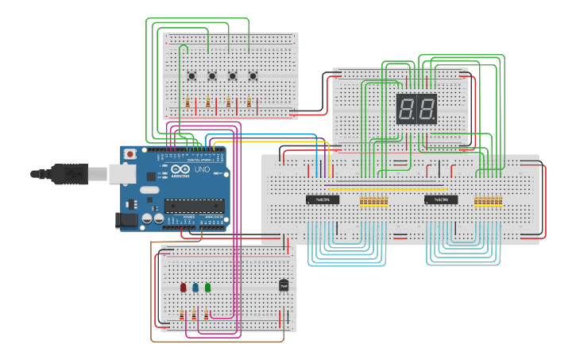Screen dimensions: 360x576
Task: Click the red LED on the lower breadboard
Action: click(183, 287)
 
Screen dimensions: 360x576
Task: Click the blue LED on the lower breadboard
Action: click(195, 287)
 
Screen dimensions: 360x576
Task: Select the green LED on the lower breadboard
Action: click(207, 287)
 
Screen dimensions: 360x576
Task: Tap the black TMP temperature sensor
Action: click(284, 285)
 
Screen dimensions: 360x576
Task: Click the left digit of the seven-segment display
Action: click(407, 108)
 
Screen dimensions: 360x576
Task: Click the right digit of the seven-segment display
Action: click(427, 108)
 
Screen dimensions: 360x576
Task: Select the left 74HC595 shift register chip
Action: click(323, 199)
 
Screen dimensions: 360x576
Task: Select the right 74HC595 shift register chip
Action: click(441, 199)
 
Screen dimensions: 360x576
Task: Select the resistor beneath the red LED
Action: click(182, 315)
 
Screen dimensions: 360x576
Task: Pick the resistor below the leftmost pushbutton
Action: click(187, 103)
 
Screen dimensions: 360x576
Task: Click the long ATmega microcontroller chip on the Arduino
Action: click(195, 206)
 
